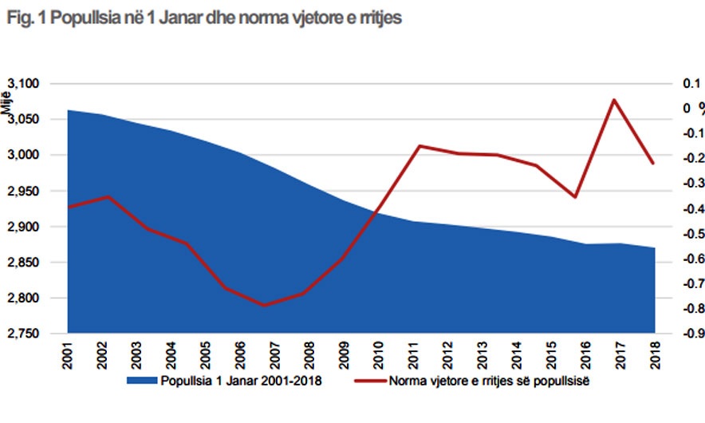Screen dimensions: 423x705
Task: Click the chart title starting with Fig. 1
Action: (203, 18)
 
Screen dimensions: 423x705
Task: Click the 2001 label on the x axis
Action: (69, 357)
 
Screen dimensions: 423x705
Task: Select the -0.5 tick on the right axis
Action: (688, 234)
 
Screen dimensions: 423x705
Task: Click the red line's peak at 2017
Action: (613, 100)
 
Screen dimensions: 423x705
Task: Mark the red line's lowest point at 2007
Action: (264, 305)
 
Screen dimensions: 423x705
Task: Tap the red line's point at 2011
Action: (419, 146)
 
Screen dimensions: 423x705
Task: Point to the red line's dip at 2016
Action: (575, 196)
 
